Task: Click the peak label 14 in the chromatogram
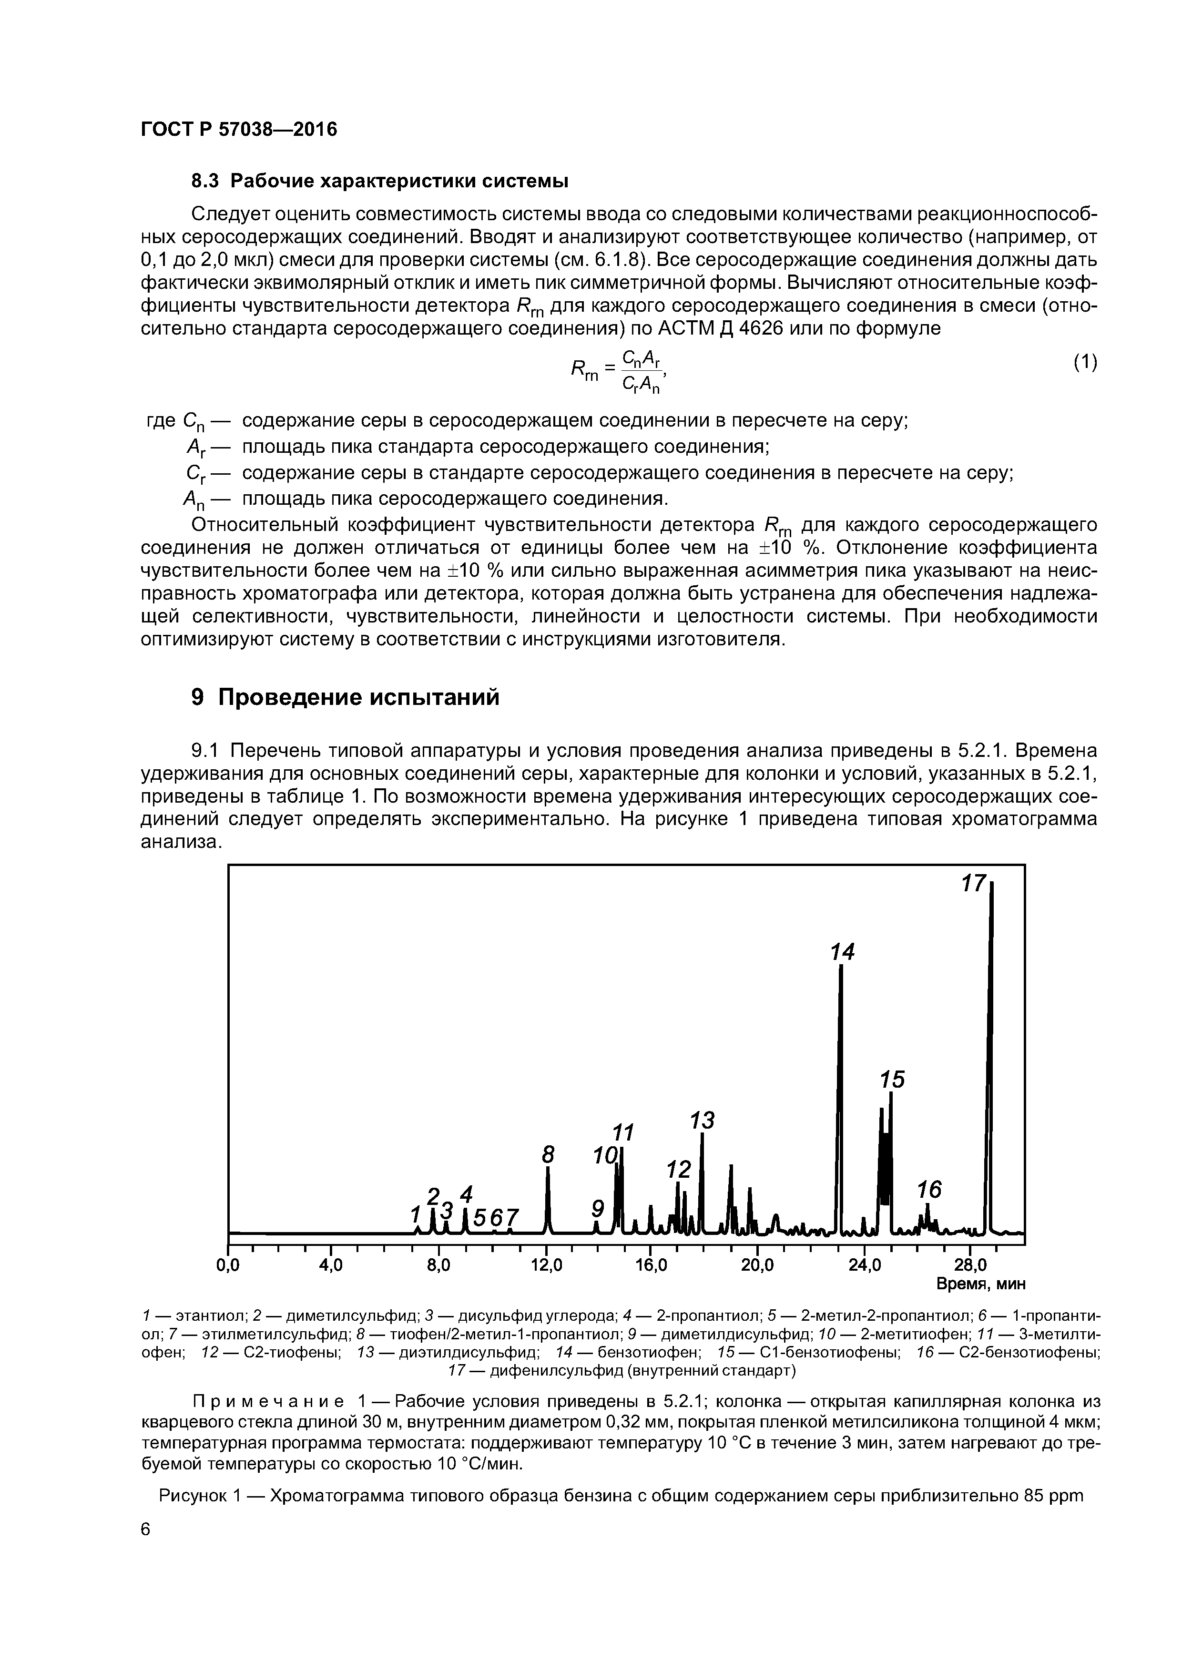coord(843,952)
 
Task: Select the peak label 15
coord(892,1079)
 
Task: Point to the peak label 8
coord(549,1154)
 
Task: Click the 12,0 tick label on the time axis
coord(546,1265)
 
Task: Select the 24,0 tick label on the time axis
coord(865,1265)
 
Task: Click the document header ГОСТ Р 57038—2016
coord(239,130)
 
